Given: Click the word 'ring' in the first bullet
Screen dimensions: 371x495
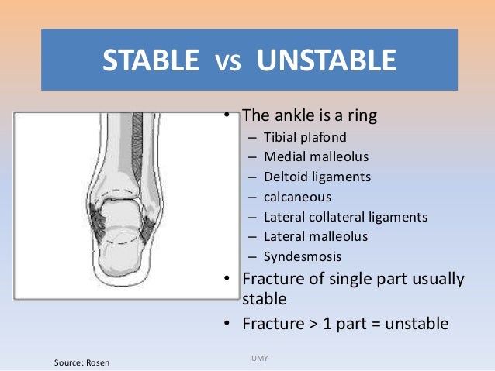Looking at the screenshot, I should click(x=362, y=117).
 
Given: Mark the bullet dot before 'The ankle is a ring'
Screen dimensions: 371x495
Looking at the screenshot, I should click(x=228, y=116).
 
